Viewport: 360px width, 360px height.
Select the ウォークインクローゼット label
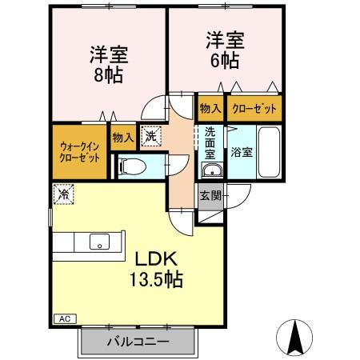[x=79, y=151]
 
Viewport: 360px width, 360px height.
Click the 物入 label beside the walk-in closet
[x=123, y=138]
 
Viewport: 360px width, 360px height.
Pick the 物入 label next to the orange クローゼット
[x=210, y=107]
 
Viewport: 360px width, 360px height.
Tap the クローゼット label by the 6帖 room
[x=254, y=107]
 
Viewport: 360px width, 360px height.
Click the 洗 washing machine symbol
[x=150, y=137]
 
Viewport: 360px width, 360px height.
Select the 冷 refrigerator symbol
[x=62, y=194]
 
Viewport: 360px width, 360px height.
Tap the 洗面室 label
[x=210, y=142]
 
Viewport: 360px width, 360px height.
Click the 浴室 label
[x=242, y=150]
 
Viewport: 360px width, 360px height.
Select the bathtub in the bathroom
[x=269, y=152]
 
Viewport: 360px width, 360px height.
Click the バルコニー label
[x=138, y=342]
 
